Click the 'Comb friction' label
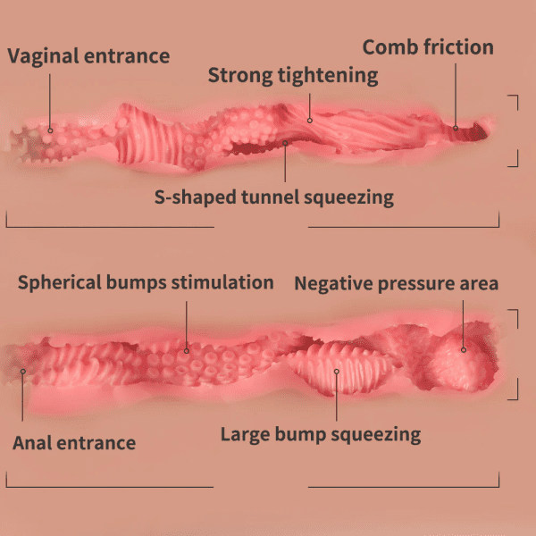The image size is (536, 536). click(x=428, y=47)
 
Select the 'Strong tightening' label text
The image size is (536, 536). click(x=293, y=76)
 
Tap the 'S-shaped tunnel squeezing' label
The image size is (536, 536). click(x=274, y=197)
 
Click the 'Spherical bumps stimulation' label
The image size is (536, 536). click(x=146, y=283)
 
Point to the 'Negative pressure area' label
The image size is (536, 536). click(x=397, y=284)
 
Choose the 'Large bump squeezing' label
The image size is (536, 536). click(x=321, y=435)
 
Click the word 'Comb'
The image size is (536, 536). click(x=389, y=47)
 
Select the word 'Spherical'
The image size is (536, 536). click(x=60, y=283)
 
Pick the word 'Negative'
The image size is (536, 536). click(x=333, y=284)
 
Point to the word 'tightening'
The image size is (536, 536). click(x=328, y=76)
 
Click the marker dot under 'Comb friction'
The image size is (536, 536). click(x=456, y=128)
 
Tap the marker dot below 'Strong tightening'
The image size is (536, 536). click(x=310, y=121)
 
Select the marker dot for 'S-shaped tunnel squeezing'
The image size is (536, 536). click(x=285, y=143)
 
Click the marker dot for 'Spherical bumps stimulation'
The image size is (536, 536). click(x=187, y=351)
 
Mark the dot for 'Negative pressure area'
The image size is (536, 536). click(x=464, y=349)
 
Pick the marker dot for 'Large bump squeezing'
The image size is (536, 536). click(x=337, y=372)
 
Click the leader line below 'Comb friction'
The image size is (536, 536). click(x=456, y=95)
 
